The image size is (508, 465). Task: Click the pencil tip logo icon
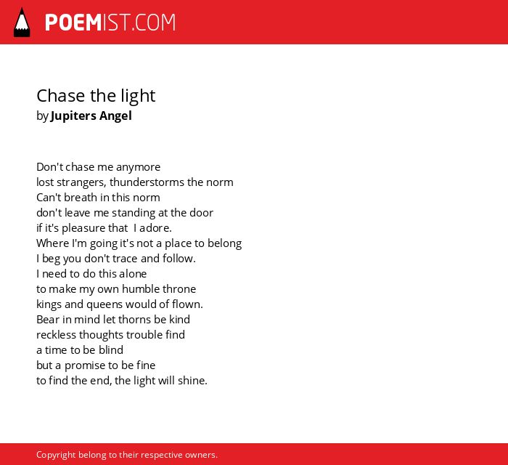tap(22, 23)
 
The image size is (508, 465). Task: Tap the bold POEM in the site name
tap(73, 23)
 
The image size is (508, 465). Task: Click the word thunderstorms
tap(147, 182)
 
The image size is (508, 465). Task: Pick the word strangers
tap(81, 183)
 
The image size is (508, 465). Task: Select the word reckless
tap(56, 335)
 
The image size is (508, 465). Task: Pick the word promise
tap(85, 365)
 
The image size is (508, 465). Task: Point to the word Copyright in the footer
tap(56, 456)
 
